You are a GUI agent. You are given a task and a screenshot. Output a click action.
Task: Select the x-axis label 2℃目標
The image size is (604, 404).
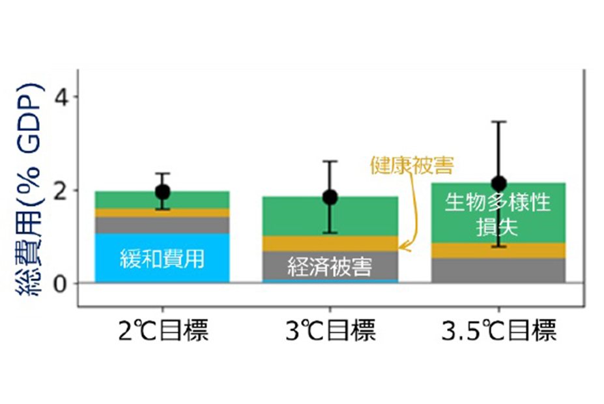coord(162,332)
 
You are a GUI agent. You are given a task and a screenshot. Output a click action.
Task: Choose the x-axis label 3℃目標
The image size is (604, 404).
coord(330,332)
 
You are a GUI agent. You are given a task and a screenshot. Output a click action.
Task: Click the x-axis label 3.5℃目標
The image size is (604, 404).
coord(499,332)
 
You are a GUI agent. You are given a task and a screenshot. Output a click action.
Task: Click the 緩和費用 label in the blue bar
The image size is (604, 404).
coord(162,259)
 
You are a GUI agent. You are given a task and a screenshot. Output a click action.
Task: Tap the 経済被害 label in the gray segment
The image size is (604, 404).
coord(330,267)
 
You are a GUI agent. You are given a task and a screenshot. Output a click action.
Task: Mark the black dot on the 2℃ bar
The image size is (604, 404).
coord(162,192)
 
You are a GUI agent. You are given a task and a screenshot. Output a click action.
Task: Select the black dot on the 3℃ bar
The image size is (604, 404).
coord(330,197)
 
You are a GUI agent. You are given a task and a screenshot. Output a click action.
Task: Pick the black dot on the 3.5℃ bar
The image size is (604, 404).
coord(499,184)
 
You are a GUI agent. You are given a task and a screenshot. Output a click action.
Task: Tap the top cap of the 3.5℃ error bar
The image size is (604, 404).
coord(499,122)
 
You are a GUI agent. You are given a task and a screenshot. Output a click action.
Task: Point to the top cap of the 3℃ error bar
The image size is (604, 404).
coord(330,161)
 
